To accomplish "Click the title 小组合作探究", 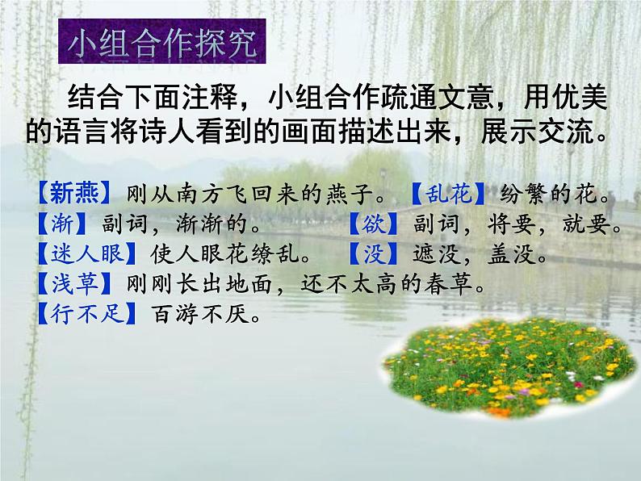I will pos(165,45).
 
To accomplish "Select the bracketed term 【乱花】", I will pos(444,195).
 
